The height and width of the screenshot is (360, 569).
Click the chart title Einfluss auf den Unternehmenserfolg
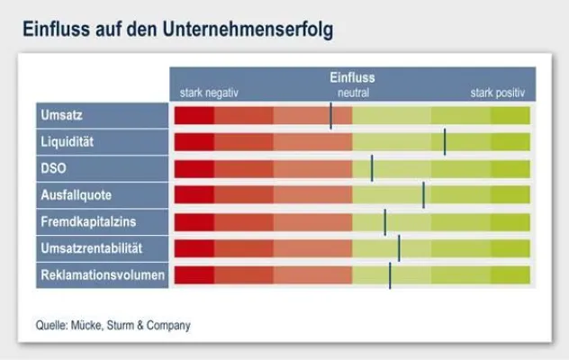click(x=177, y=31)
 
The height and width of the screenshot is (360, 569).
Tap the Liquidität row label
click(x=68, y=142)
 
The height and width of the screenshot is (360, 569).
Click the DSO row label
click(x=54, y=168)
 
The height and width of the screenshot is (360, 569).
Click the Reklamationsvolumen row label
click(x=102, y=274)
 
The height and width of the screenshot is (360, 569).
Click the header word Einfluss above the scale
click(x=352, y=78)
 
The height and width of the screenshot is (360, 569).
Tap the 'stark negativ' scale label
click(x=210, y=93)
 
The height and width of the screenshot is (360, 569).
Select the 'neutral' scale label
click(x=353, y=93)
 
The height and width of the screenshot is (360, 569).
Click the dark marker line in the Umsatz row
click(x=331, y=115)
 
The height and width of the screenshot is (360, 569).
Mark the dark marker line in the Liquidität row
click(x=445, y=142)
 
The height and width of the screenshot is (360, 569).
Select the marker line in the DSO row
click(x=372, y=168)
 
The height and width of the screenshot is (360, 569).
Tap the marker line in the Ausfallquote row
click(x=424, y=194)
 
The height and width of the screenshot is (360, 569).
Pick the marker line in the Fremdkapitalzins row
click(x=384, y=221)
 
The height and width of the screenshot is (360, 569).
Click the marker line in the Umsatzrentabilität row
click(x=399, y=248)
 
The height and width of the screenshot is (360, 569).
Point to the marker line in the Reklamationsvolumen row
click(x=390, y=275)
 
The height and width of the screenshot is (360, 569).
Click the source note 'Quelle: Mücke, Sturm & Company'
click(x=113, y=326)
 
